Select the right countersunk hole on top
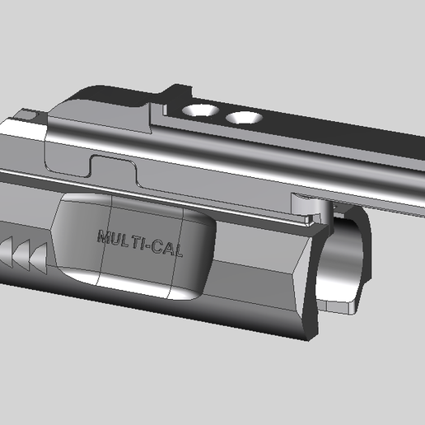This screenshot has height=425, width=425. (244, 119)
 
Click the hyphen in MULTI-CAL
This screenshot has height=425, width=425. (146, 243)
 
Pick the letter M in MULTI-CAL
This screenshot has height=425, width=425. (103, 236)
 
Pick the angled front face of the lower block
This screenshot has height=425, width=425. (306, 284)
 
